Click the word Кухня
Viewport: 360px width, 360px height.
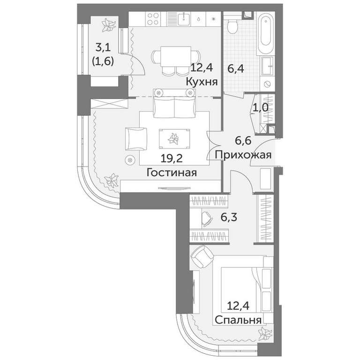202,82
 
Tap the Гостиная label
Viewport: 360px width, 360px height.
172,172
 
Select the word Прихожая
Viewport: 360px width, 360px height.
243,156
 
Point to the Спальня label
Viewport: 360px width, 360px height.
238,320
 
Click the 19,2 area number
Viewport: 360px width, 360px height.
172,158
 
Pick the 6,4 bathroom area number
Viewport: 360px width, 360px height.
236,68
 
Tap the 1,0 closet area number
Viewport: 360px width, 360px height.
260,107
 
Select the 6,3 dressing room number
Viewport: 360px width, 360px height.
229,217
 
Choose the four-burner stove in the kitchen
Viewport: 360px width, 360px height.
153,19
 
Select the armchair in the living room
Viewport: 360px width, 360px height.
136,139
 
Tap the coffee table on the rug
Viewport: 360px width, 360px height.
174,139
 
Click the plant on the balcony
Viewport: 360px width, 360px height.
108,25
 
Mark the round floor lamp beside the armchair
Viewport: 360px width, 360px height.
130,159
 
